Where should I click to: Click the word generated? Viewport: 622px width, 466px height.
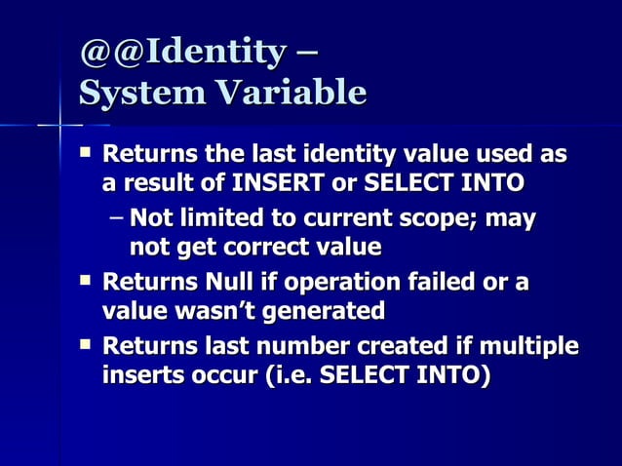point(326,311)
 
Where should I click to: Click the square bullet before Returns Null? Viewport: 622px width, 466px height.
point(88,282)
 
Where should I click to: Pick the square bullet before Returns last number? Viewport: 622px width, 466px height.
point(88,345)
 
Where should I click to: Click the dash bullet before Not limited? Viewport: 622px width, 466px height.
point(117,219)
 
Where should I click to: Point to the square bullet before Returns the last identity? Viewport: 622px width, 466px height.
point(88,153)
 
